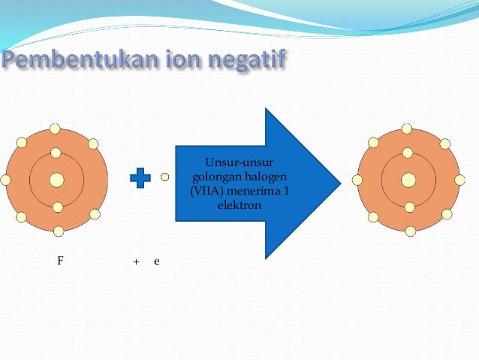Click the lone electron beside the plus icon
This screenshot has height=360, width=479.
click(x=165, y=177)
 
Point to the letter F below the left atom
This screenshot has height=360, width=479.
click(x=60, y=260)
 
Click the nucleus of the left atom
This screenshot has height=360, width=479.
click(x=57, y=180)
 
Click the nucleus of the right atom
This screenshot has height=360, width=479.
click(x=408, y=180)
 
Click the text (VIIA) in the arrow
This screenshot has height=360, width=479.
click(x=208, y=190)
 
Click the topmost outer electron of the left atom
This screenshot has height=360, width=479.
click(x=56, y=129)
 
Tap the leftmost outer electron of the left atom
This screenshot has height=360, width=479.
click(x=6, y=180)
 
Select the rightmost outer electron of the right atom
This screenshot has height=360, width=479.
click(x=459, y=180)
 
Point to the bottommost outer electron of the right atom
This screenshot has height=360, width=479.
click(x=410, y=231)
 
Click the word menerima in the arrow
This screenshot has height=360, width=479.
click(x=253, y=190)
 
